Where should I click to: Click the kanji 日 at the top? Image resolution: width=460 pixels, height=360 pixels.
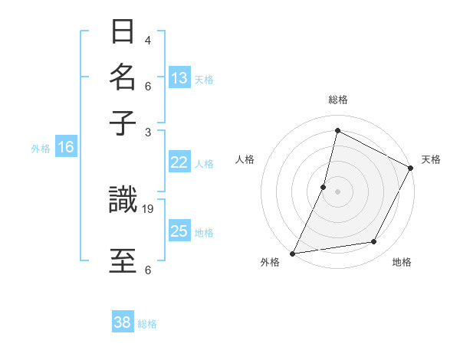pos(123,32)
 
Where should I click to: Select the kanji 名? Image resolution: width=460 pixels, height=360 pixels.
pos(123,77)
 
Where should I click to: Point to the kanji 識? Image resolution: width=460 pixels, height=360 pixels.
pos(123,201)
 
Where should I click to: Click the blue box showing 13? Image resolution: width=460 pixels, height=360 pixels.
pos(179,78)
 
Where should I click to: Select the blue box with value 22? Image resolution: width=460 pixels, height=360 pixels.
pos(179,162)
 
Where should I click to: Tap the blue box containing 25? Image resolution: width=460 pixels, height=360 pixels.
pos(179,231)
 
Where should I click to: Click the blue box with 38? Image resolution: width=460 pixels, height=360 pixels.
pos(123,323)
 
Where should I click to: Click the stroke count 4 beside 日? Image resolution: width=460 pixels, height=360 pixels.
pos(148,40)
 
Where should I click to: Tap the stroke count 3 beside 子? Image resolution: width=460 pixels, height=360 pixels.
pos(148,132)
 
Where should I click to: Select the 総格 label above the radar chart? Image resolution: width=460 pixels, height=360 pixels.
pos(337,100)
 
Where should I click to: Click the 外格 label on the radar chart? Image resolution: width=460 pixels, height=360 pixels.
pos(270,262)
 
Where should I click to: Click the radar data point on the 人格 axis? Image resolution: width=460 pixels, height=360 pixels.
pos(324,187)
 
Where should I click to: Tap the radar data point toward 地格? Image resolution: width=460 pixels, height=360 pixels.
pos(374,242)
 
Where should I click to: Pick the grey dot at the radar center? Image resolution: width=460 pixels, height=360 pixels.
pos(337,190)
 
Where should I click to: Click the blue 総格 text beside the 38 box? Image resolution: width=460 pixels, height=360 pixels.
pos(147,324)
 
